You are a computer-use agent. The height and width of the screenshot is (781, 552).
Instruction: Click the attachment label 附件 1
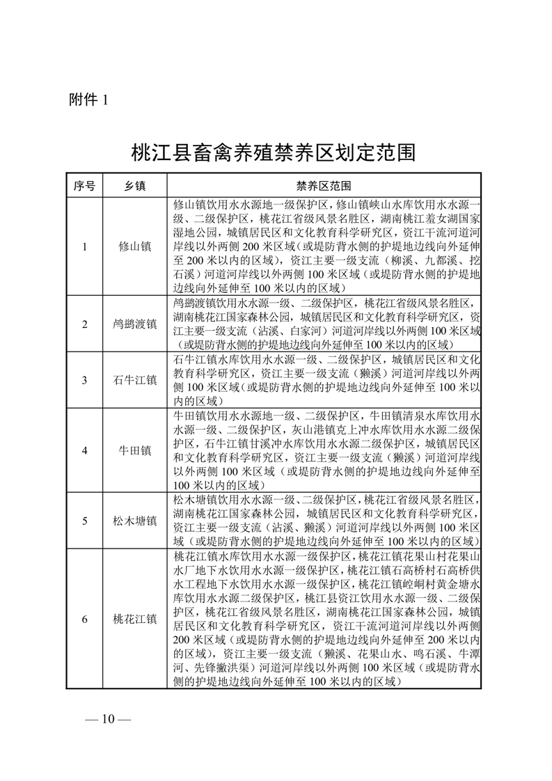[x=89, y=100]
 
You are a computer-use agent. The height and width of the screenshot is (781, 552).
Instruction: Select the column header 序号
[x=84, y=187]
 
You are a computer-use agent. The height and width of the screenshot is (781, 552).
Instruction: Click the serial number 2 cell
[x=84, y=324]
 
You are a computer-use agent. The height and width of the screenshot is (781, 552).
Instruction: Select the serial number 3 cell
[x=84, y=381]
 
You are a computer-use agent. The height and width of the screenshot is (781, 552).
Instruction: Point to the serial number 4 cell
[x=84, y=450]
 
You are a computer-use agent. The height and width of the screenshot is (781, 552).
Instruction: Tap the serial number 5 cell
[x=84, y=520]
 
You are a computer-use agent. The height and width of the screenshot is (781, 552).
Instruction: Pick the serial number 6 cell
[x=84, y=618]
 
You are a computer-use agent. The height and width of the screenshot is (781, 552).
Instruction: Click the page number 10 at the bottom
[x=107, y=719]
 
